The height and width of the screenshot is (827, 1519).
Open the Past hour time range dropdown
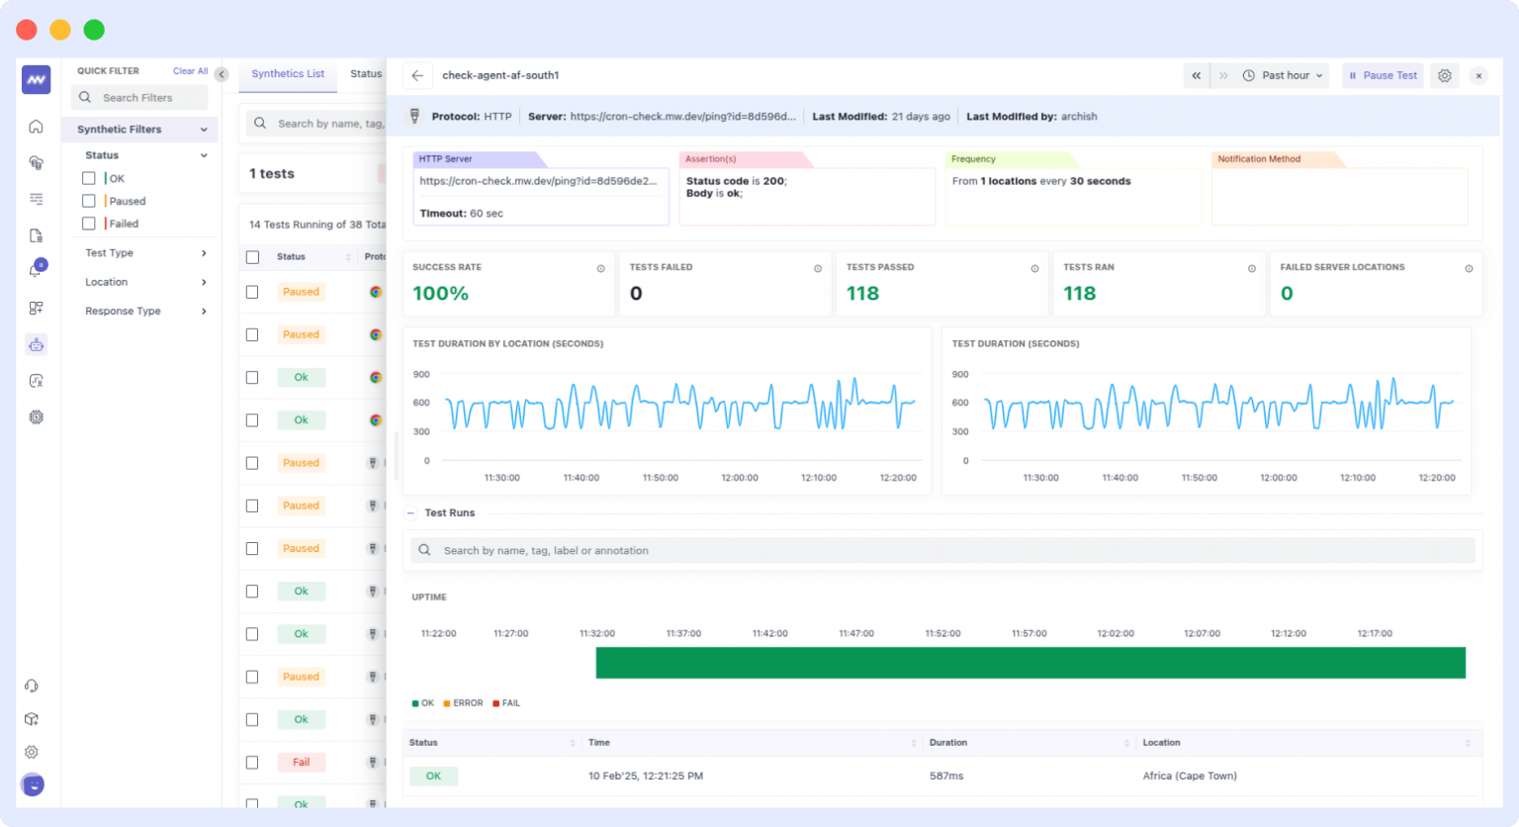click(x=1284, y=75)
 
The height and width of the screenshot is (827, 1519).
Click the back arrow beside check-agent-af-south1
click(x=417, y=75)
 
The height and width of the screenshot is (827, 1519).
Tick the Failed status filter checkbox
click(x=89, y=224)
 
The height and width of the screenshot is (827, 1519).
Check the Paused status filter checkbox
click(x=89, y=201)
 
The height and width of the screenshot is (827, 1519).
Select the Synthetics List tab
click(x=288, y=74)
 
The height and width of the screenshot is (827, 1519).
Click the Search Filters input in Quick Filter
click(x=139, y=98)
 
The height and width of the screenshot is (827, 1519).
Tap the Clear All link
click(x=190, y=71)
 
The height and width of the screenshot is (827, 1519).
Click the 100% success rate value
click(x=440, y=294)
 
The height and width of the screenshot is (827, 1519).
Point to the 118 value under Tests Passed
click(x=862, y=294)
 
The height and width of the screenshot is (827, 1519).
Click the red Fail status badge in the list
click(x=301, y=763)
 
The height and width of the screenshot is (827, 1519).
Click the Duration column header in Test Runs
click(x=947, y=743)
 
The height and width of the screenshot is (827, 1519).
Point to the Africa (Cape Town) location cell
click(x=1189, y=777)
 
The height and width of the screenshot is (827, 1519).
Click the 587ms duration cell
click(x=945, y=777)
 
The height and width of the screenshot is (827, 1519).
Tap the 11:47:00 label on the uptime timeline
click(x=856, y=633)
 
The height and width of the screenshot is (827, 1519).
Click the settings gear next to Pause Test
click(x=1445, y=75)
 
